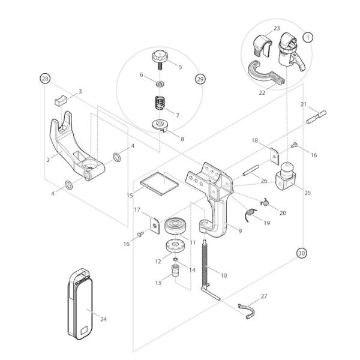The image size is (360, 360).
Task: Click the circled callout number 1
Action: (x=308, y=37)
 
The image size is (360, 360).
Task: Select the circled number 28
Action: (x=44, y=79)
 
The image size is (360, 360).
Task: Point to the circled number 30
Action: (x=302, y=253)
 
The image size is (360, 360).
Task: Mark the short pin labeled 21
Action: (x=316, y=116)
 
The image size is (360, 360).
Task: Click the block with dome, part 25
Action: (x=284, y=178)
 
